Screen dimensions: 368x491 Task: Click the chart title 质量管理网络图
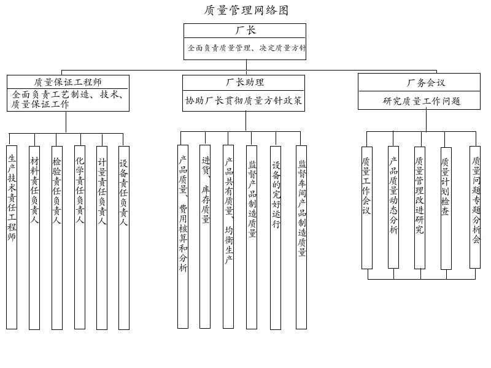point(246,10)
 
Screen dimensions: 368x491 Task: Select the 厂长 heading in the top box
point(245,30)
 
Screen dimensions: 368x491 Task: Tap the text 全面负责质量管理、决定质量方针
point(245,48)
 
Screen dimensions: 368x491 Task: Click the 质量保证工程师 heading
point(68,82)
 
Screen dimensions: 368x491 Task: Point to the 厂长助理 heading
point(244,82)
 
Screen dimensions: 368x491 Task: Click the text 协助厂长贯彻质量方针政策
point(244,101)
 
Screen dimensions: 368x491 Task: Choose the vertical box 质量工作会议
point(366,207)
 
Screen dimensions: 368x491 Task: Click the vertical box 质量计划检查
point(446,208)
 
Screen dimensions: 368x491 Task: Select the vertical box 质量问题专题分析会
point(475,207)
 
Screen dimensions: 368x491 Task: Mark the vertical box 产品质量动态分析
point(393,207)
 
